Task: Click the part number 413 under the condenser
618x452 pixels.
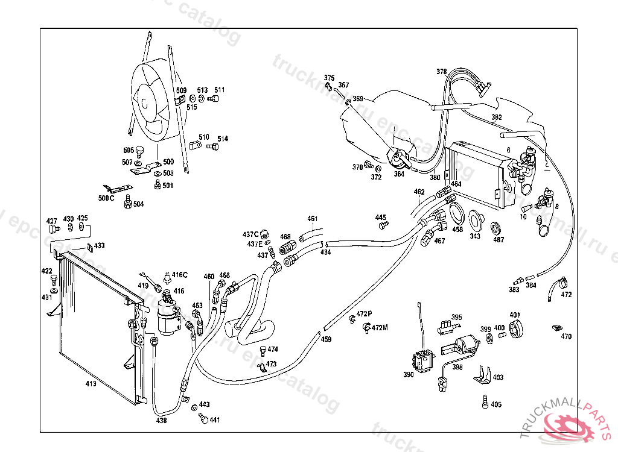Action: click(x=91, y=383)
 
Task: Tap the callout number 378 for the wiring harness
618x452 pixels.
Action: click(x=442, y=72)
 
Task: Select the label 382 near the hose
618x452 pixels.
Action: click(x=496, y=117)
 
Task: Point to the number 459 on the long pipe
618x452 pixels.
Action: click(x=326, y=339)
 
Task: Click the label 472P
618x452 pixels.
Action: click(x=364, y=314)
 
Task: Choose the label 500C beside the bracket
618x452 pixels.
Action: click(x=106, y=198)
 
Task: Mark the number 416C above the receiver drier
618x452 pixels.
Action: click(x=179, y=275)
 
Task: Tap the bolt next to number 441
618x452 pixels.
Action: click(x=203, y=419)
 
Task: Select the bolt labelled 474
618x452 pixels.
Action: click(x=263, y=350)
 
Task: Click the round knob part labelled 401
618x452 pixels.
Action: click(x=515, y=331)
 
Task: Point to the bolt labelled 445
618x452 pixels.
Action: click(x=381, y=226)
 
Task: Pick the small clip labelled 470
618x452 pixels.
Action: click(x=554, y=328)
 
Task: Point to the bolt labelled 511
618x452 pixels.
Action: click(x=213, y=99)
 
